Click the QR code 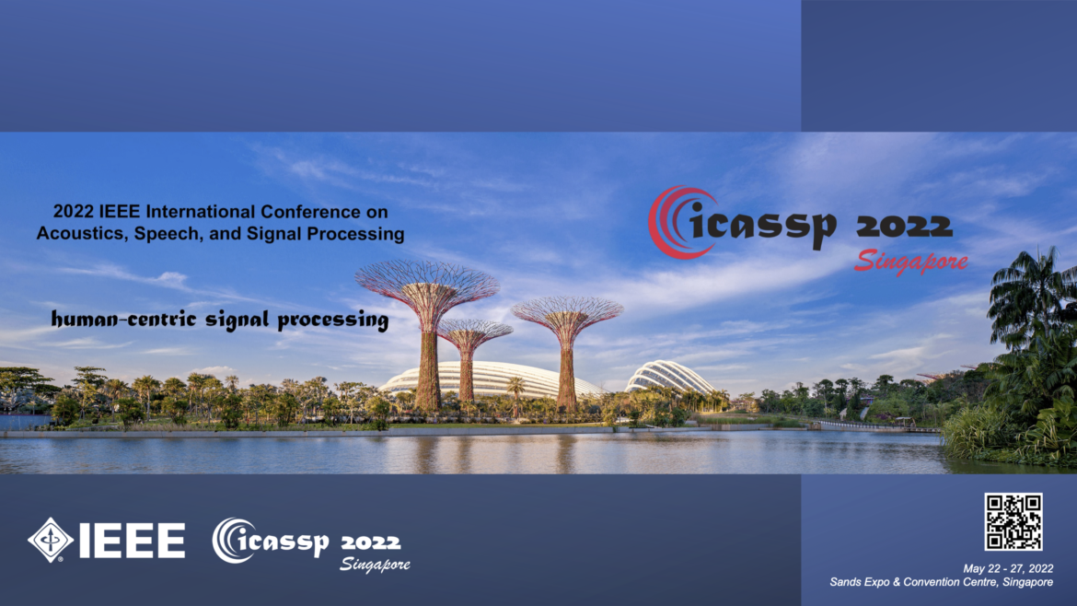[x=1013, y=521]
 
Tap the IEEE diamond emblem [x=51, y=540]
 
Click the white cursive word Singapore [x=374, y=564]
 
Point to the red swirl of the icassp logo [x=669, y=221]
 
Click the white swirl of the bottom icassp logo [x=230, y=540]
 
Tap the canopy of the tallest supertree [x=426, y=284]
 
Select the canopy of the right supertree [x=567, y=313]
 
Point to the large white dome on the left [x=488, y=378]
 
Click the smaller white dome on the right [x=669, y=378]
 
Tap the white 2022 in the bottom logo [x=370, y=541]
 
